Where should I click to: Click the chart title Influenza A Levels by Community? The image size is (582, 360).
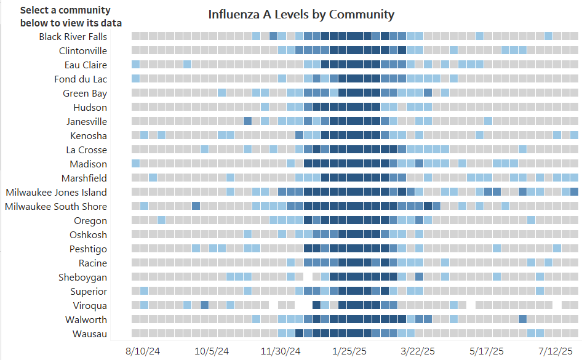(301, 14)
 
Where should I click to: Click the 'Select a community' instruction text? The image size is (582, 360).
(66, 17)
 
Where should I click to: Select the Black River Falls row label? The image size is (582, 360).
(73, 36)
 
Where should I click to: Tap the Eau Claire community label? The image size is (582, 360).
(86, 65)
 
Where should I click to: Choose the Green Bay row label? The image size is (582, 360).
(85, 93)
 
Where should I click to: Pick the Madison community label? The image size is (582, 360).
(87, 164)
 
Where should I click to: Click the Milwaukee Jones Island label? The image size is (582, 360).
(56, 192)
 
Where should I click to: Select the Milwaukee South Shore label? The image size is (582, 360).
(56, 206)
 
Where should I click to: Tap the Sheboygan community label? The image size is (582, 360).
(82, 277)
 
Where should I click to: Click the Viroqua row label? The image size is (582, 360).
(90, 305)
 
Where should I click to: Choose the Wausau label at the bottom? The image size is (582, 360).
(90, 334)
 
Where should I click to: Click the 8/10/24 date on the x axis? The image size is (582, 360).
(143, 351)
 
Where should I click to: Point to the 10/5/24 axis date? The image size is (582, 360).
(212, 351)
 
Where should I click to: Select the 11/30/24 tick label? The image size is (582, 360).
(281, 351)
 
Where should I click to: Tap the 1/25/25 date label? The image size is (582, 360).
(349, 351)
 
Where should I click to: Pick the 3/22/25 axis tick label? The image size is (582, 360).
(418, 351)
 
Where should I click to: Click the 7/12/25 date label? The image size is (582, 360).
(556, 351)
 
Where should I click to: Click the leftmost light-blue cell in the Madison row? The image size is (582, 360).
(135, 164)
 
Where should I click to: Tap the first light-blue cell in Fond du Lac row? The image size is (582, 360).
(135, 78)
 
